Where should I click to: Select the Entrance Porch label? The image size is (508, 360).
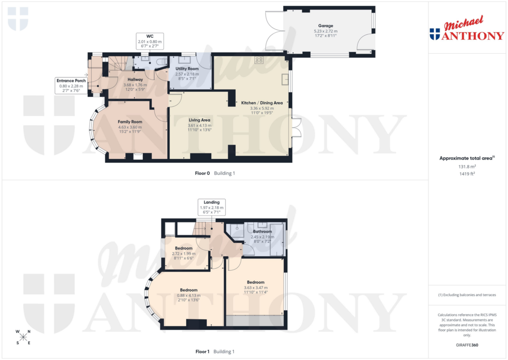pos(71,86)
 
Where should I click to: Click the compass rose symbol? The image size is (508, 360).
pos(23,337)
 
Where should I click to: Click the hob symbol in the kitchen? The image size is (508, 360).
pos(258,60)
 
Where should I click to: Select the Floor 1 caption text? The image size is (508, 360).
pos(202,352)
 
